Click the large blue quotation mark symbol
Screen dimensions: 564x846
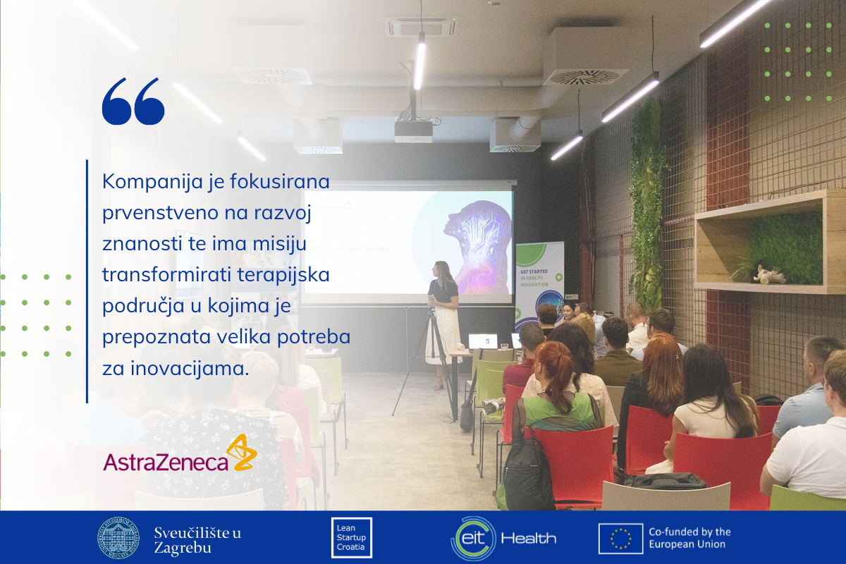click(x=133, y=102)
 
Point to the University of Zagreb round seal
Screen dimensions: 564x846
click(x=118, y=538)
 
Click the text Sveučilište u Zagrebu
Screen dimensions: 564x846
click(x=197, y=538)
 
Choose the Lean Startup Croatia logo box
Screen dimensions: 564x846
click(x=351, y=538)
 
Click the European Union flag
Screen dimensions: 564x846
click(x=620, y=538)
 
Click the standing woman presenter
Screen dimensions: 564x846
click(x=443, y=317)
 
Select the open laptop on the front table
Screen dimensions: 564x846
click(x=483, y=342)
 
